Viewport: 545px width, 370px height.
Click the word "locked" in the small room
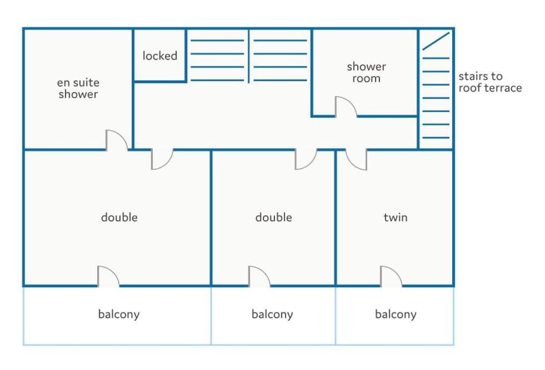(160, 55)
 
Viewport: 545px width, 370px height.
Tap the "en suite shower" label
(78, 88)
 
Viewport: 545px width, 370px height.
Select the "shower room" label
(366, 72)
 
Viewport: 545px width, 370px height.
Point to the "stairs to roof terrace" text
(490, 82)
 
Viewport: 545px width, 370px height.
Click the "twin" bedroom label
(396, 217)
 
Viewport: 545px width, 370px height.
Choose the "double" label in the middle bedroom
(273, 217)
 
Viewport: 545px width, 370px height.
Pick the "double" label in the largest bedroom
(119, 217)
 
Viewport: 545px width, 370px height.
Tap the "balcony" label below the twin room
(396, 315)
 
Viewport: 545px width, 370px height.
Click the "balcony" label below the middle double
(272, 315)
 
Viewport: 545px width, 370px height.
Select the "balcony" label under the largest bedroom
(119, 315)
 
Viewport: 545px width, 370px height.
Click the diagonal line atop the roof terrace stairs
(436, 41)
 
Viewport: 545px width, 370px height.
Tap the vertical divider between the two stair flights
(248, 56)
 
